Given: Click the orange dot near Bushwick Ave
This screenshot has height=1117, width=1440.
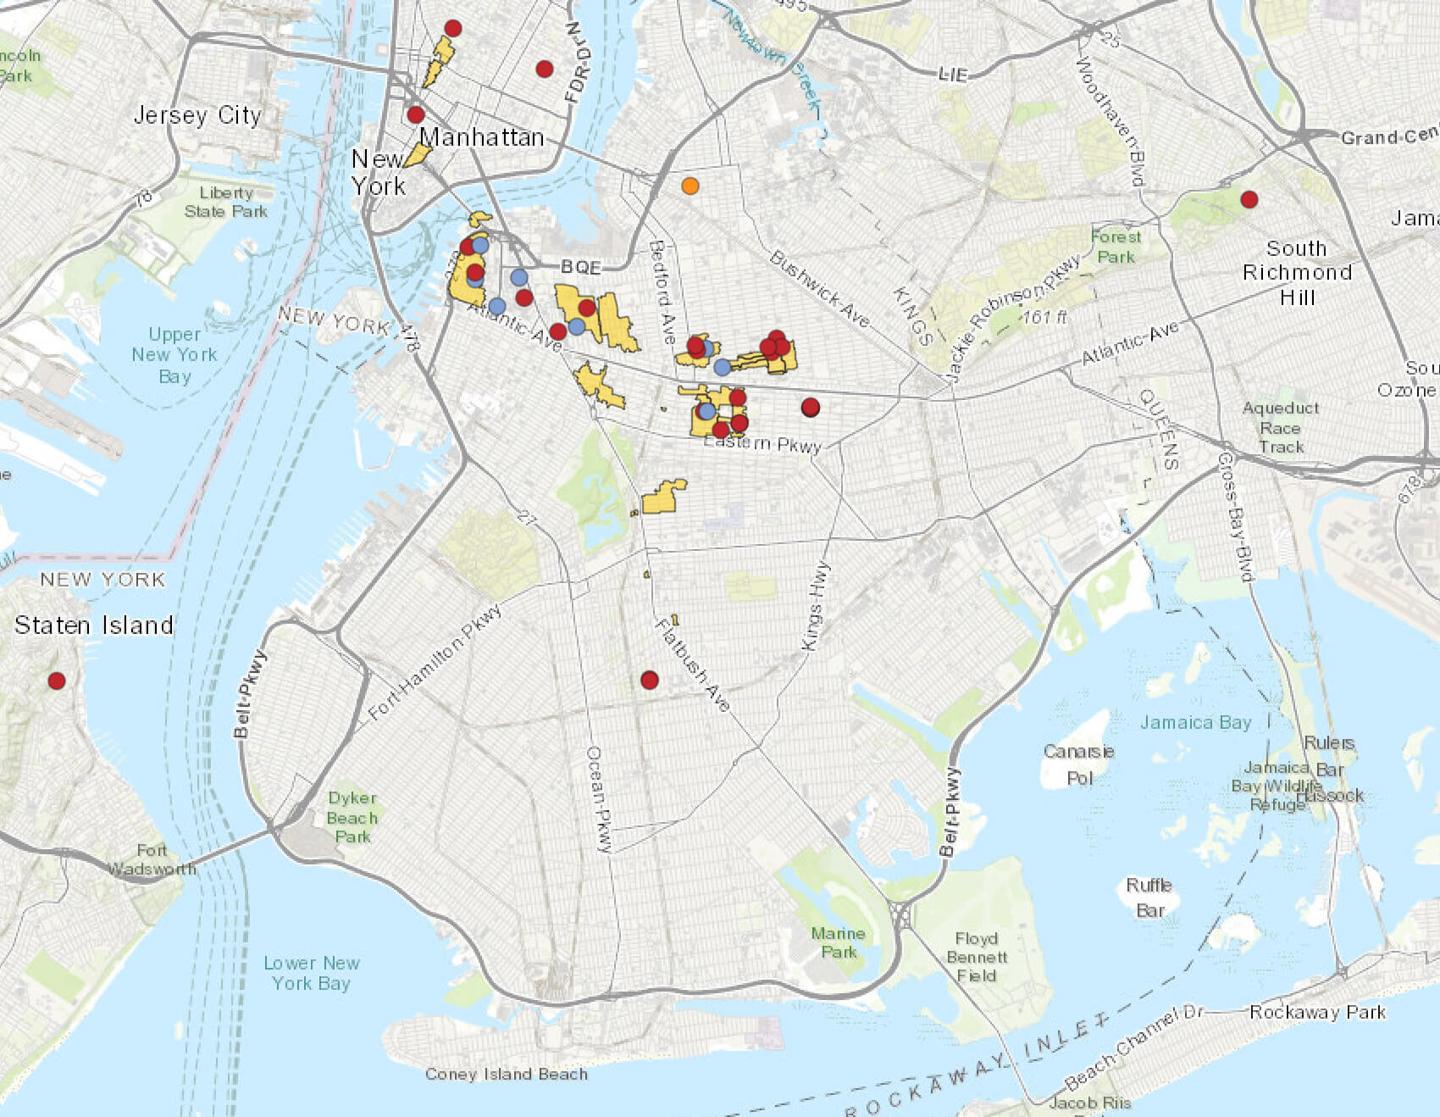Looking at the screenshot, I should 690,186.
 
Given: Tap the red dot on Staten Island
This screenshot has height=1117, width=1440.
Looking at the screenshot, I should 57,681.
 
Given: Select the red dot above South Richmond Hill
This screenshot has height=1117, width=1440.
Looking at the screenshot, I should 1249,199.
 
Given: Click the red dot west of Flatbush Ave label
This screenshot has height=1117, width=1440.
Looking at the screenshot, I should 650,680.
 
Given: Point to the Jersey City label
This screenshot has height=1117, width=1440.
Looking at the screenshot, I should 197,115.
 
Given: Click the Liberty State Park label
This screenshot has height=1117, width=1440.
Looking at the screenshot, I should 225,202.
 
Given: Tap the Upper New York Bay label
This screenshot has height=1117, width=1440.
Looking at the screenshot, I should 174,355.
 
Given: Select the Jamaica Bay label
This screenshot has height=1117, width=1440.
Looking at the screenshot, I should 1195,722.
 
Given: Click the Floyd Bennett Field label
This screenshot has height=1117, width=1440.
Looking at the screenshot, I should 977,957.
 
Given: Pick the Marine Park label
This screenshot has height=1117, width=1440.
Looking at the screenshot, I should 838,942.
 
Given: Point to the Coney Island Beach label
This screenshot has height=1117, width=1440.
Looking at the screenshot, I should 507,1074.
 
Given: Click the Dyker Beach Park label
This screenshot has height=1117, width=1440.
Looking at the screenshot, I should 352,817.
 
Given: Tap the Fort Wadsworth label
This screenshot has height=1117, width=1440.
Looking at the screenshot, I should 152,859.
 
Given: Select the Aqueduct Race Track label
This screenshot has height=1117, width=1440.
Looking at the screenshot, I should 1281,427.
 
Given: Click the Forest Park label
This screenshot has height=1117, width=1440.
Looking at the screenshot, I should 1116,247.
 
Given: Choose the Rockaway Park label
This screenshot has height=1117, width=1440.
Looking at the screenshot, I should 1317,1012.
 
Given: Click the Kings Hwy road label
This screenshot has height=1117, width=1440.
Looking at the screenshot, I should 814,606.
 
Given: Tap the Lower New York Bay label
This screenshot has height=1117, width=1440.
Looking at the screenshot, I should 311,973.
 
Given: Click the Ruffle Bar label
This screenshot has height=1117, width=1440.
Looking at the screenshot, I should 1149,897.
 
